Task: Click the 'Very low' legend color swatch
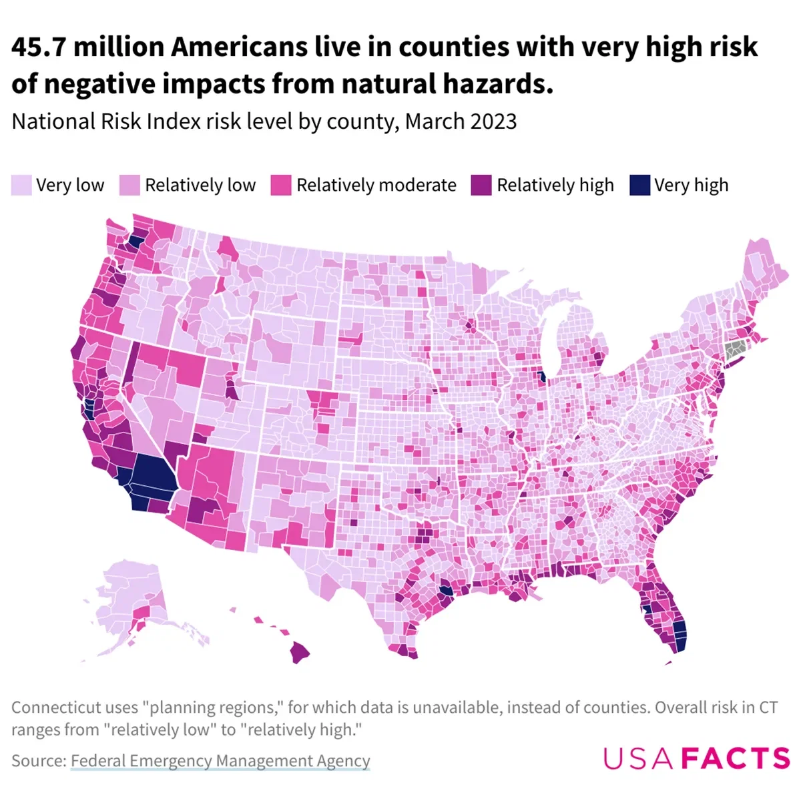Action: (21, 186)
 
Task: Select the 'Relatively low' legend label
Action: (200, 186)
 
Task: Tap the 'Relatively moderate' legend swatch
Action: (281, 186)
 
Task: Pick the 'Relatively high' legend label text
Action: (555, 186)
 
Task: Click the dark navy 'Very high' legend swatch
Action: (639, 186)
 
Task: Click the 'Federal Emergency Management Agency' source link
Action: (220, 761)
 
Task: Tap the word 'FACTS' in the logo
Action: (736, 759)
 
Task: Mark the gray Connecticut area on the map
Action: (736, 348)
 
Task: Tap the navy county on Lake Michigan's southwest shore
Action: (542, 378)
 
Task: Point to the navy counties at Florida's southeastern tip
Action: (679, 635)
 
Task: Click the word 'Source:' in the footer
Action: (39, 761)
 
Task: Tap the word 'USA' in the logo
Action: (640, 759)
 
